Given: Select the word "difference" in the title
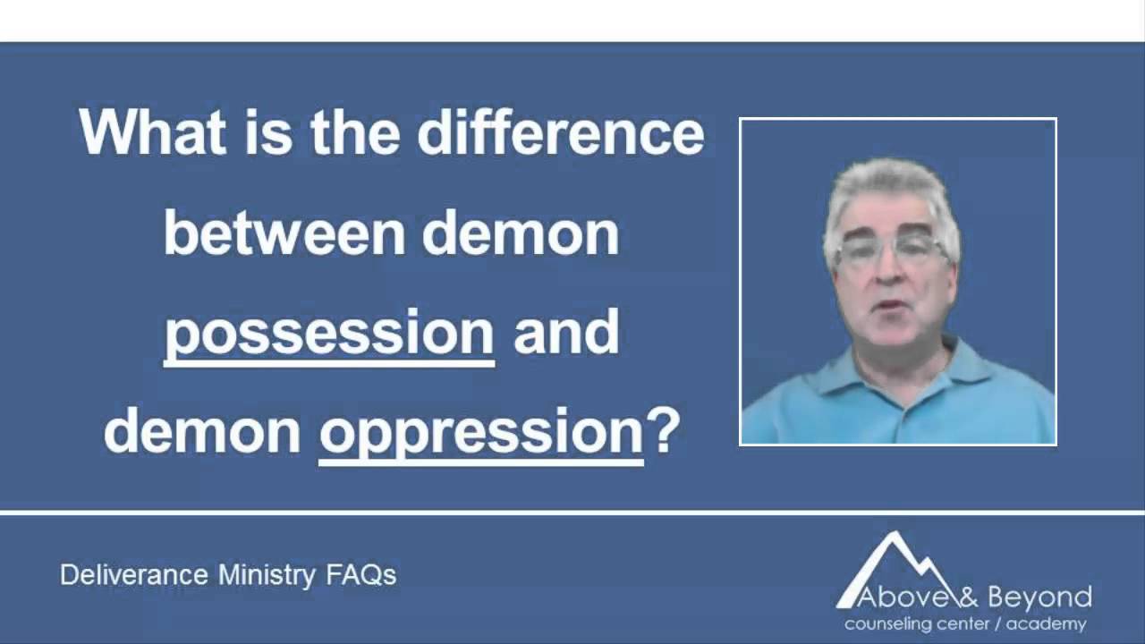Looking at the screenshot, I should point(561,133).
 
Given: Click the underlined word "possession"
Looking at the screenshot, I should point(329,334).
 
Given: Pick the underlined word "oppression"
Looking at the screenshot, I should point(481,433).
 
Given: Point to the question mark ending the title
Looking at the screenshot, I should point(664,431).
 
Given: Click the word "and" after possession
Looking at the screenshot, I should point(566,333).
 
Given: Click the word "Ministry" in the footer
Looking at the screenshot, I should point(267,574).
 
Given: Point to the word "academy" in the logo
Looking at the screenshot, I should point(1046,623).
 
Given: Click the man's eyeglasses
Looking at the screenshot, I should point(890,249).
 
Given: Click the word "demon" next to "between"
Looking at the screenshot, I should point(521,233).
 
